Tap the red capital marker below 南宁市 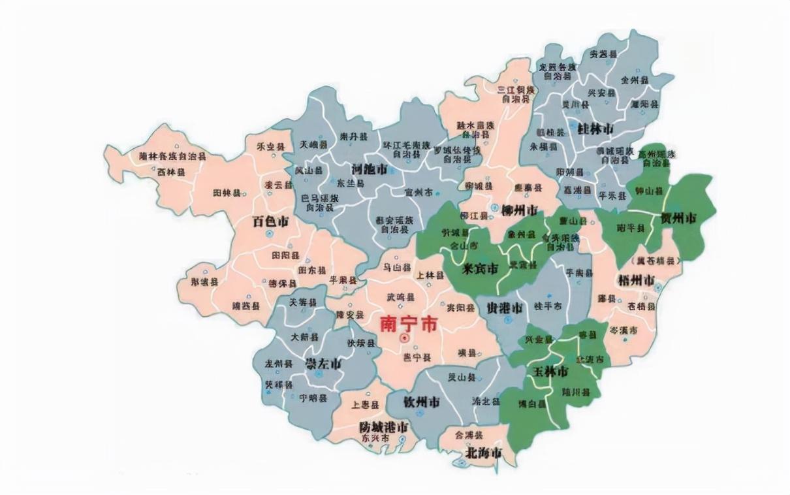(x=404, y=338)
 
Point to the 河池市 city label (x=369, y=169)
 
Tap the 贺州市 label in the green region (x=678, y=217)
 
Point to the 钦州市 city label (x=421, y=401)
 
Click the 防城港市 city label (x=384, y=426)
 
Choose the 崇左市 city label (x=324, y=363)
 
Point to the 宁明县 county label (x=313, y=397)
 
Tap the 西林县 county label (x=170, y=172)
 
